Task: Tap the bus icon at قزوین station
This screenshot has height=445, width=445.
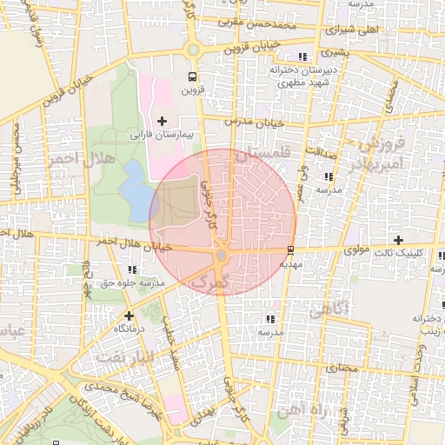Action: tap(190, 76)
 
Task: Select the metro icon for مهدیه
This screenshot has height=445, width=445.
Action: tap(290, 250)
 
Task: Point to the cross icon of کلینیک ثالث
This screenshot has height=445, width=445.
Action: tap(398, 240)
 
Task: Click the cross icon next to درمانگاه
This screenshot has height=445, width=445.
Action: tap(130, 315)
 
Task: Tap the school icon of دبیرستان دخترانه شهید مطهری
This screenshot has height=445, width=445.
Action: tap(302, 56)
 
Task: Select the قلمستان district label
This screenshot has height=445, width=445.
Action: tap(260, 154)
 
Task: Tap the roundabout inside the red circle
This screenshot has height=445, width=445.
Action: tap(222, 256)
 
